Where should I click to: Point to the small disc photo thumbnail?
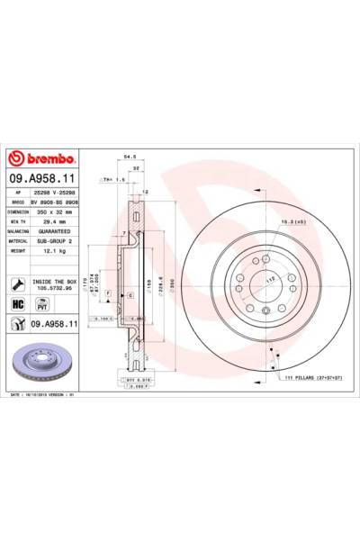coord(44,362)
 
